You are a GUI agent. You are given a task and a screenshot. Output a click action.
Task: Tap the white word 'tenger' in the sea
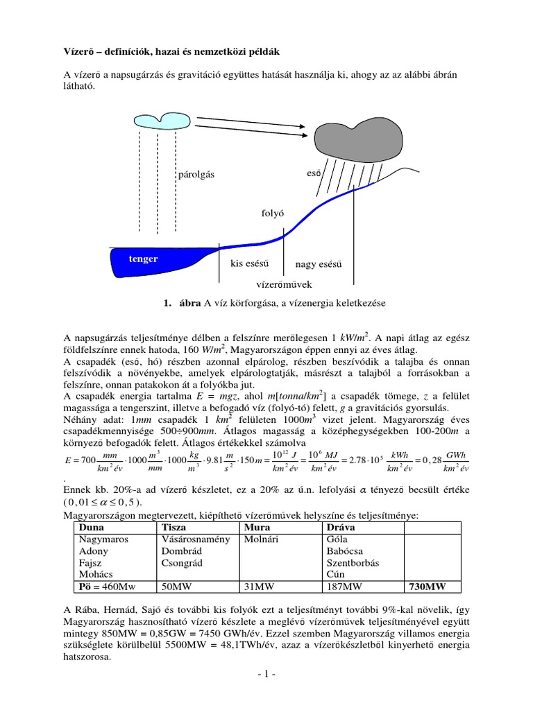pos(143,259)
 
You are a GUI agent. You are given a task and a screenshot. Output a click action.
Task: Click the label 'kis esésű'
pos(249,263)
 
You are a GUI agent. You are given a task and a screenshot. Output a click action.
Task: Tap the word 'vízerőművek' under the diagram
pos(285,284)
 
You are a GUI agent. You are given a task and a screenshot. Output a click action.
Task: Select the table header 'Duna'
pos(92,527)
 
